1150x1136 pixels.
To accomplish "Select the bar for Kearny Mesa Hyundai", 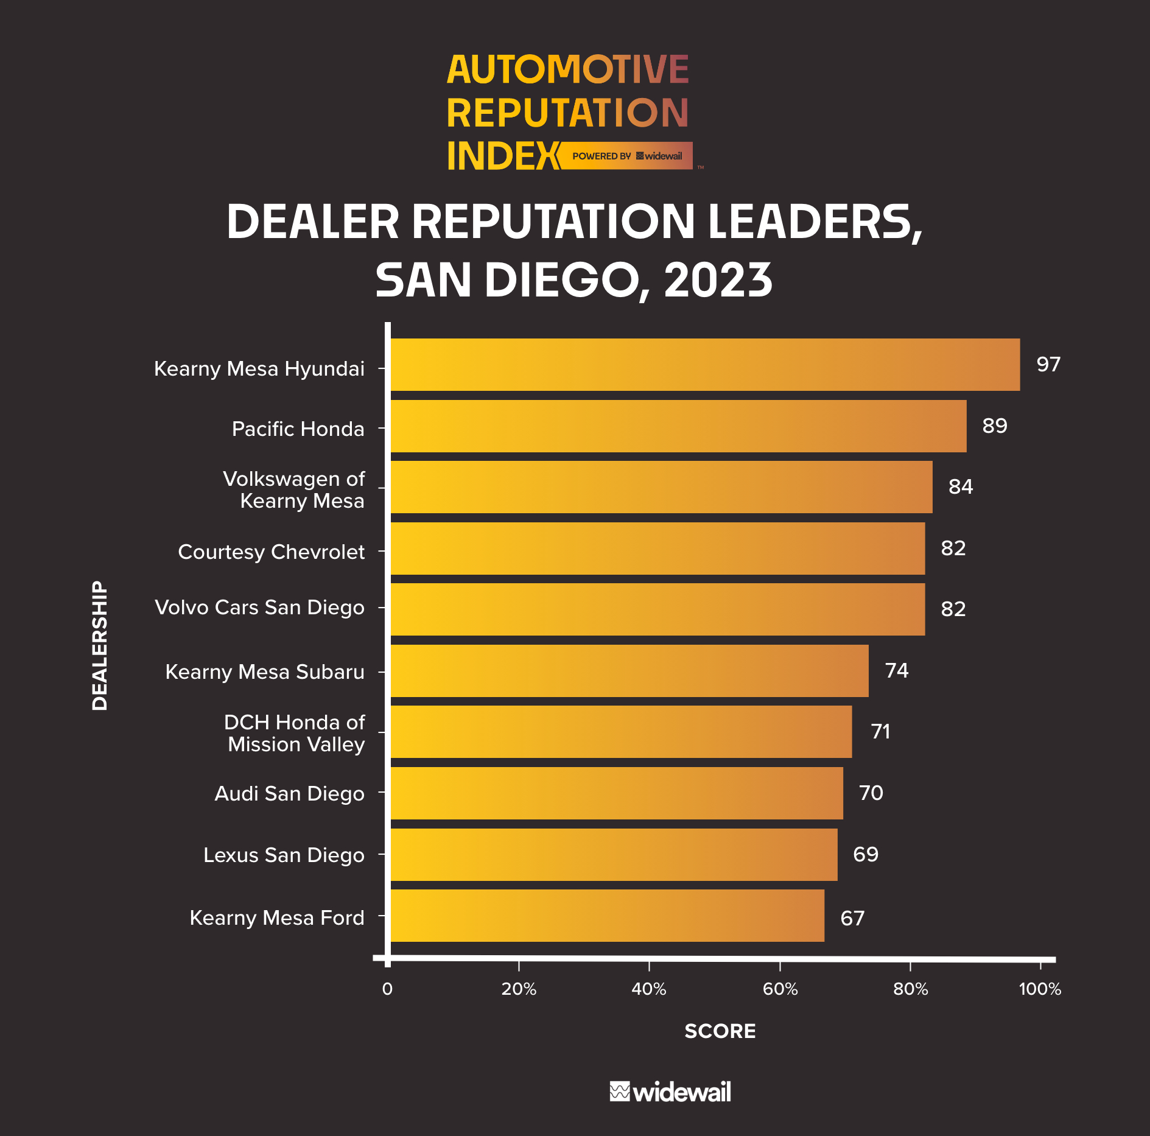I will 705,365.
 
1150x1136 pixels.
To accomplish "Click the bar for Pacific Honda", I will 678,426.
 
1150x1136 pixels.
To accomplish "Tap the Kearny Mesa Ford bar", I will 607,916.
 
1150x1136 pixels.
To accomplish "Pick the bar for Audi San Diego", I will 617,793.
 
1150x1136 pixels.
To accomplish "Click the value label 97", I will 1048,365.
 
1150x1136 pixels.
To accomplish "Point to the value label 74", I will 896,670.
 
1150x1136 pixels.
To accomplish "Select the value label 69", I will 865,854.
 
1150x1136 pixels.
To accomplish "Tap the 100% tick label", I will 1040,989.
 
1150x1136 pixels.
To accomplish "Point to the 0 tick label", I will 387,989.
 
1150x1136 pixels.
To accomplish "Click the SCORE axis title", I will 720,1031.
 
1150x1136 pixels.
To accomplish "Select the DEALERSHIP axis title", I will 99,645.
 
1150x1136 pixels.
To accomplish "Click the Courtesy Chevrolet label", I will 271,552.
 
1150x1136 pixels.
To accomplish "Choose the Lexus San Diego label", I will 284,855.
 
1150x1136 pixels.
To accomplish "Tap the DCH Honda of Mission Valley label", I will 295,733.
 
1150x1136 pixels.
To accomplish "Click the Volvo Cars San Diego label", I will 259,608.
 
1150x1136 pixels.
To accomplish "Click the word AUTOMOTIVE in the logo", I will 567,69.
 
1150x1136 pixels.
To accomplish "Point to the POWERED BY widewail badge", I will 626,156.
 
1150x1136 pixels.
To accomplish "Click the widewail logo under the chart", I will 670,1092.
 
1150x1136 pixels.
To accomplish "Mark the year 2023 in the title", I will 718,280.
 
